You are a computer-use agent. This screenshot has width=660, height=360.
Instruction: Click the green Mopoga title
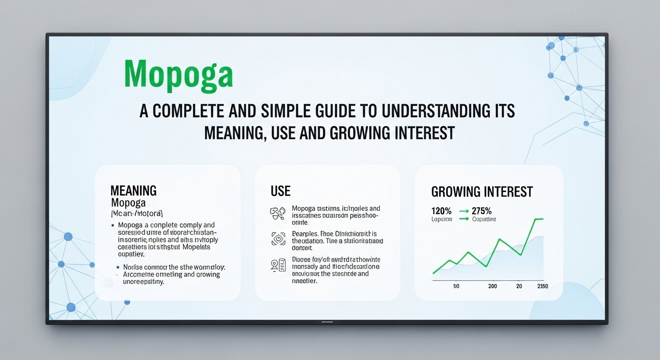coord(179,74)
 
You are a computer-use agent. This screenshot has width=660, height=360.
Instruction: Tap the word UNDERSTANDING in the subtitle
coord(438,111)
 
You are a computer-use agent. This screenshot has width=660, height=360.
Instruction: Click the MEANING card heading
coord(133,190)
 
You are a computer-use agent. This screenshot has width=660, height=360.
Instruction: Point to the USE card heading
coord(280,191)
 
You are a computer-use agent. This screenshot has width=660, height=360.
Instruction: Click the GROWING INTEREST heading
coord(481,191)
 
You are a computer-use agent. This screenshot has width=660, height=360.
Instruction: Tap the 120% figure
coord(441,211)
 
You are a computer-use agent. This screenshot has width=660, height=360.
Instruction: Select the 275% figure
coord(482,211)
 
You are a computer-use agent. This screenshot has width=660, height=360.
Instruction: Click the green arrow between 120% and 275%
coord(463,211)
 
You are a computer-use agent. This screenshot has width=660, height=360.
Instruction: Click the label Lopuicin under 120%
coord(441,219)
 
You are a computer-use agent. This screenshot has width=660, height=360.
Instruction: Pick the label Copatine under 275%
coord(484,219)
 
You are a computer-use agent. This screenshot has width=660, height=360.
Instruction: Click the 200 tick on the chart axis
coord(492,286)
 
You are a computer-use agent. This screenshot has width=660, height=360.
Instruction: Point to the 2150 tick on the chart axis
coord(542,286)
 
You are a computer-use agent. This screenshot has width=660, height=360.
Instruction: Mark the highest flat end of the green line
coord(539,219)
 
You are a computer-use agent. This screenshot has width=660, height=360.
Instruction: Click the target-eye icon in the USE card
coord(278,239)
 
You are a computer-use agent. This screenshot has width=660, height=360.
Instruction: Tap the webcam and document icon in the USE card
coord(278,265)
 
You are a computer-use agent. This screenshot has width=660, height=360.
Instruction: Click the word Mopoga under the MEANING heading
coord(128,203)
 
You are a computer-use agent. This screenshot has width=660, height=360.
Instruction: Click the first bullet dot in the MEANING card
coord(113,225)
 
